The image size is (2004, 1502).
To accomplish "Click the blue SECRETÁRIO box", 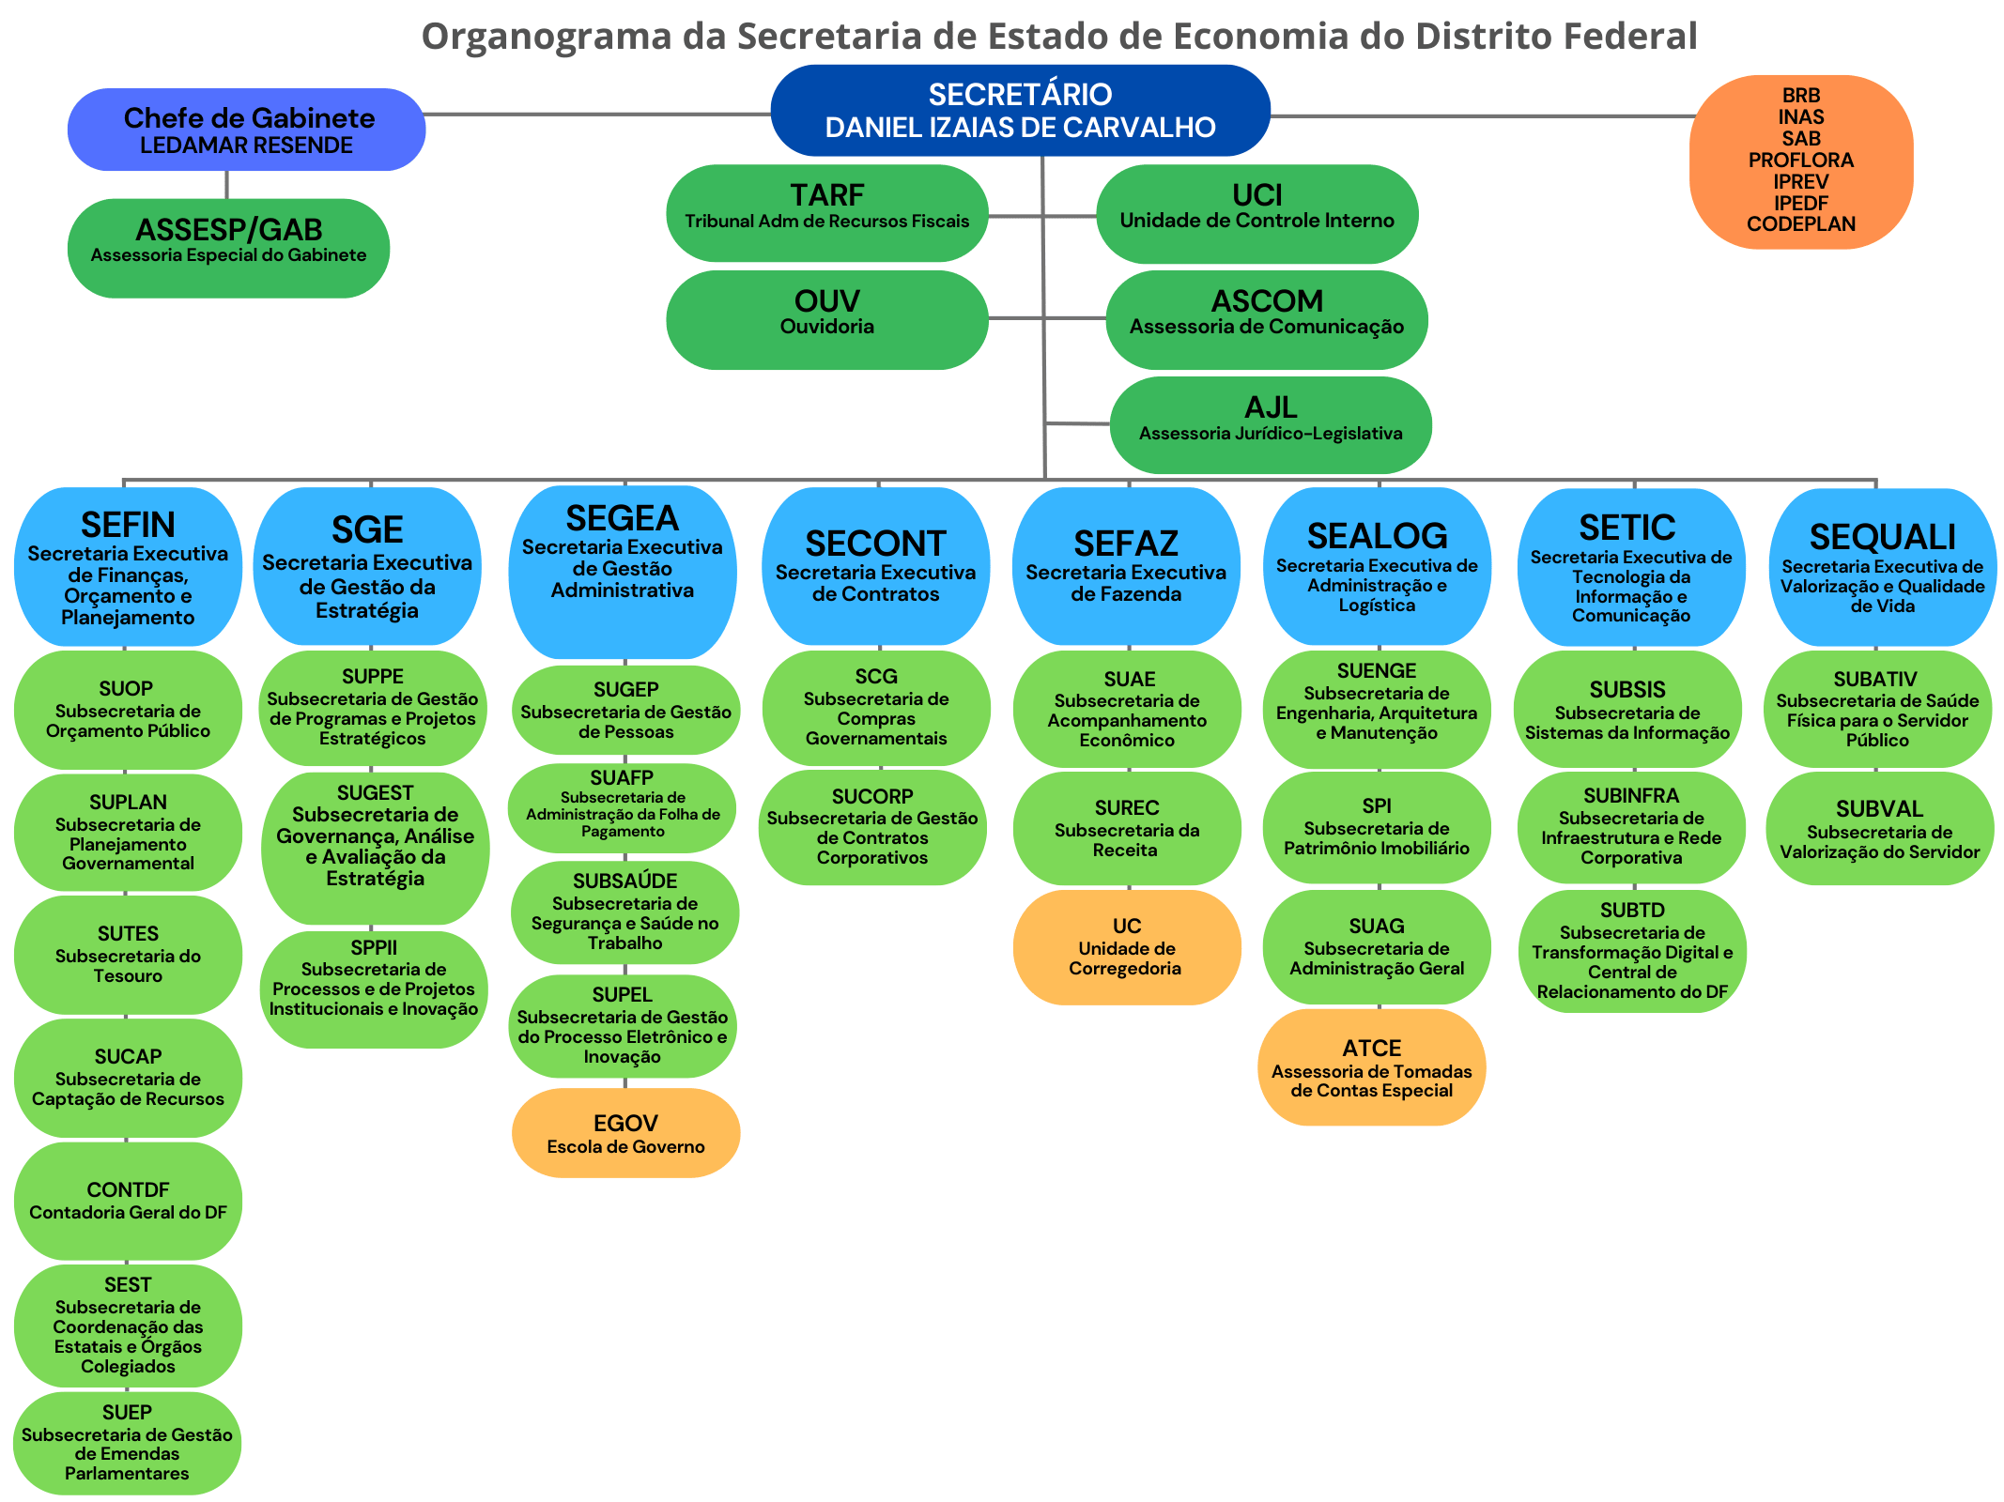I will click(1020, 111).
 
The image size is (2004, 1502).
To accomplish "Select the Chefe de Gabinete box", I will click(246, 130).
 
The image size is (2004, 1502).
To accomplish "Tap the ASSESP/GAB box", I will click(228, 248).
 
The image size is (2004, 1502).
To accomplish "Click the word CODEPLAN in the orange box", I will click(1800, 224).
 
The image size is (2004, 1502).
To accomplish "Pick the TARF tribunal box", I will click(826, 213).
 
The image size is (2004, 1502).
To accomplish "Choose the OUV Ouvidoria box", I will click(826, 319).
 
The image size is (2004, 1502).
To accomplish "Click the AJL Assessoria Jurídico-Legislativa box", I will click(1270, 424).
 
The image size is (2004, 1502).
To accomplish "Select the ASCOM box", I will click(1266, 319).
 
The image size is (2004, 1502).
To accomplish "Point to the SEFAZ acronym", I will click(1125, 544).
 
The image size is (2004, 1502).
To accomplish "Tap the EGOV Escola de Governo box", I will click(625, 1133).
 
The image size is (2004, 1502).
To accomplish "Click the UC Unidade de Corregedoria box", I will click(1126, 947).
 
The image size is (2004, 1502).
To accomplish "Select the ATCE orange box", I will click(1371, 1067).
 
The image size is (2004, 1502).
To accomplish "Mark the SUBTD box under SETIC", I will click(1632, 951).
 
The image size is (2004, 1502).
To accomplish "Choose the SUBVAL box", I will click(1879, 828).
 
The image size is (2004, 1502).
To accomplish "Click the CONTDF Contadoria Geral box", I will click(128, 1201).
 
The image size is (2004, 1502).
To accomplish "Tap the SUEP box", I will click(127, 1443).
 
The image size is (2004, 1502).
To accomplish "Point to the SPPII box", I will click(374, 989).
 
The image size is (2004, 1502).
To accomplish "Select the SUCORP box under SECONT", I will click(871, 827).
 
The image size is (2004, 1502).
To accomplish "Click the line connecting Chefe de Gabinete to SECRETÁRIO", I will click(597, 115).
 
